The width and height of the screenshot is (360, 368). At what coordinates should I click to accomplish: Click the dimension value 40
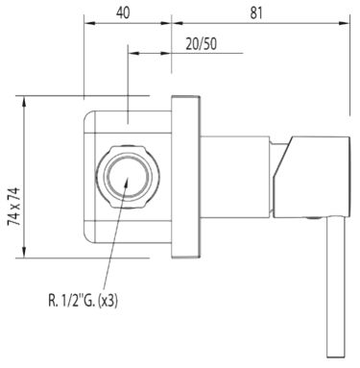(x=123, y=12)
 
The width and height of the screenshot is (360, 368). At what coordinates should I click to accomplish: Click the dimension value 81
(x=256, y=13)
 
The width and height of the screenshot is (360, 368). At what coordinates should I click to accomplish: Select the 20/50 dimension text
(x=202, y=44)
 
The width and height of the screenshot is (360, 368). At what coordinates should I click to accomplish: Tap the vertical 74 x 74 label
(x=14, y=207)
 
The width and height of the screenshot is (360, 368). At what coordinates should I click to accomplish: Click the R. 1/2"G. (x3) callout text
(x=84, y=301)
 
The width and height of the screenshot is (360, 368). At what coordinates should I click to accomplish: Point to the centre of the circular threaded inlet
(x=128, y=177)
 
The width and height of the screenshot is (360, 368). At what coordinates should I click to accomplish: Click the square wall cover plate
(x=185, y=177)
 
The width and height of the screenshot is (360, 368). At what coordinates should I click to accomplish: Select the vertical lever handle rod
(x=335, y=287)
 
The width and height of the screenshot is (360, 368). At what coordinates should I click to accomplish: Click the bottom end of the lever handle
(x=335, y=356)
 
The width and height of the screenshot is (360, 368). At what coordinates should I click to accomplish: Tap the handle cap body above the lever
(x=312, y=177)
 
